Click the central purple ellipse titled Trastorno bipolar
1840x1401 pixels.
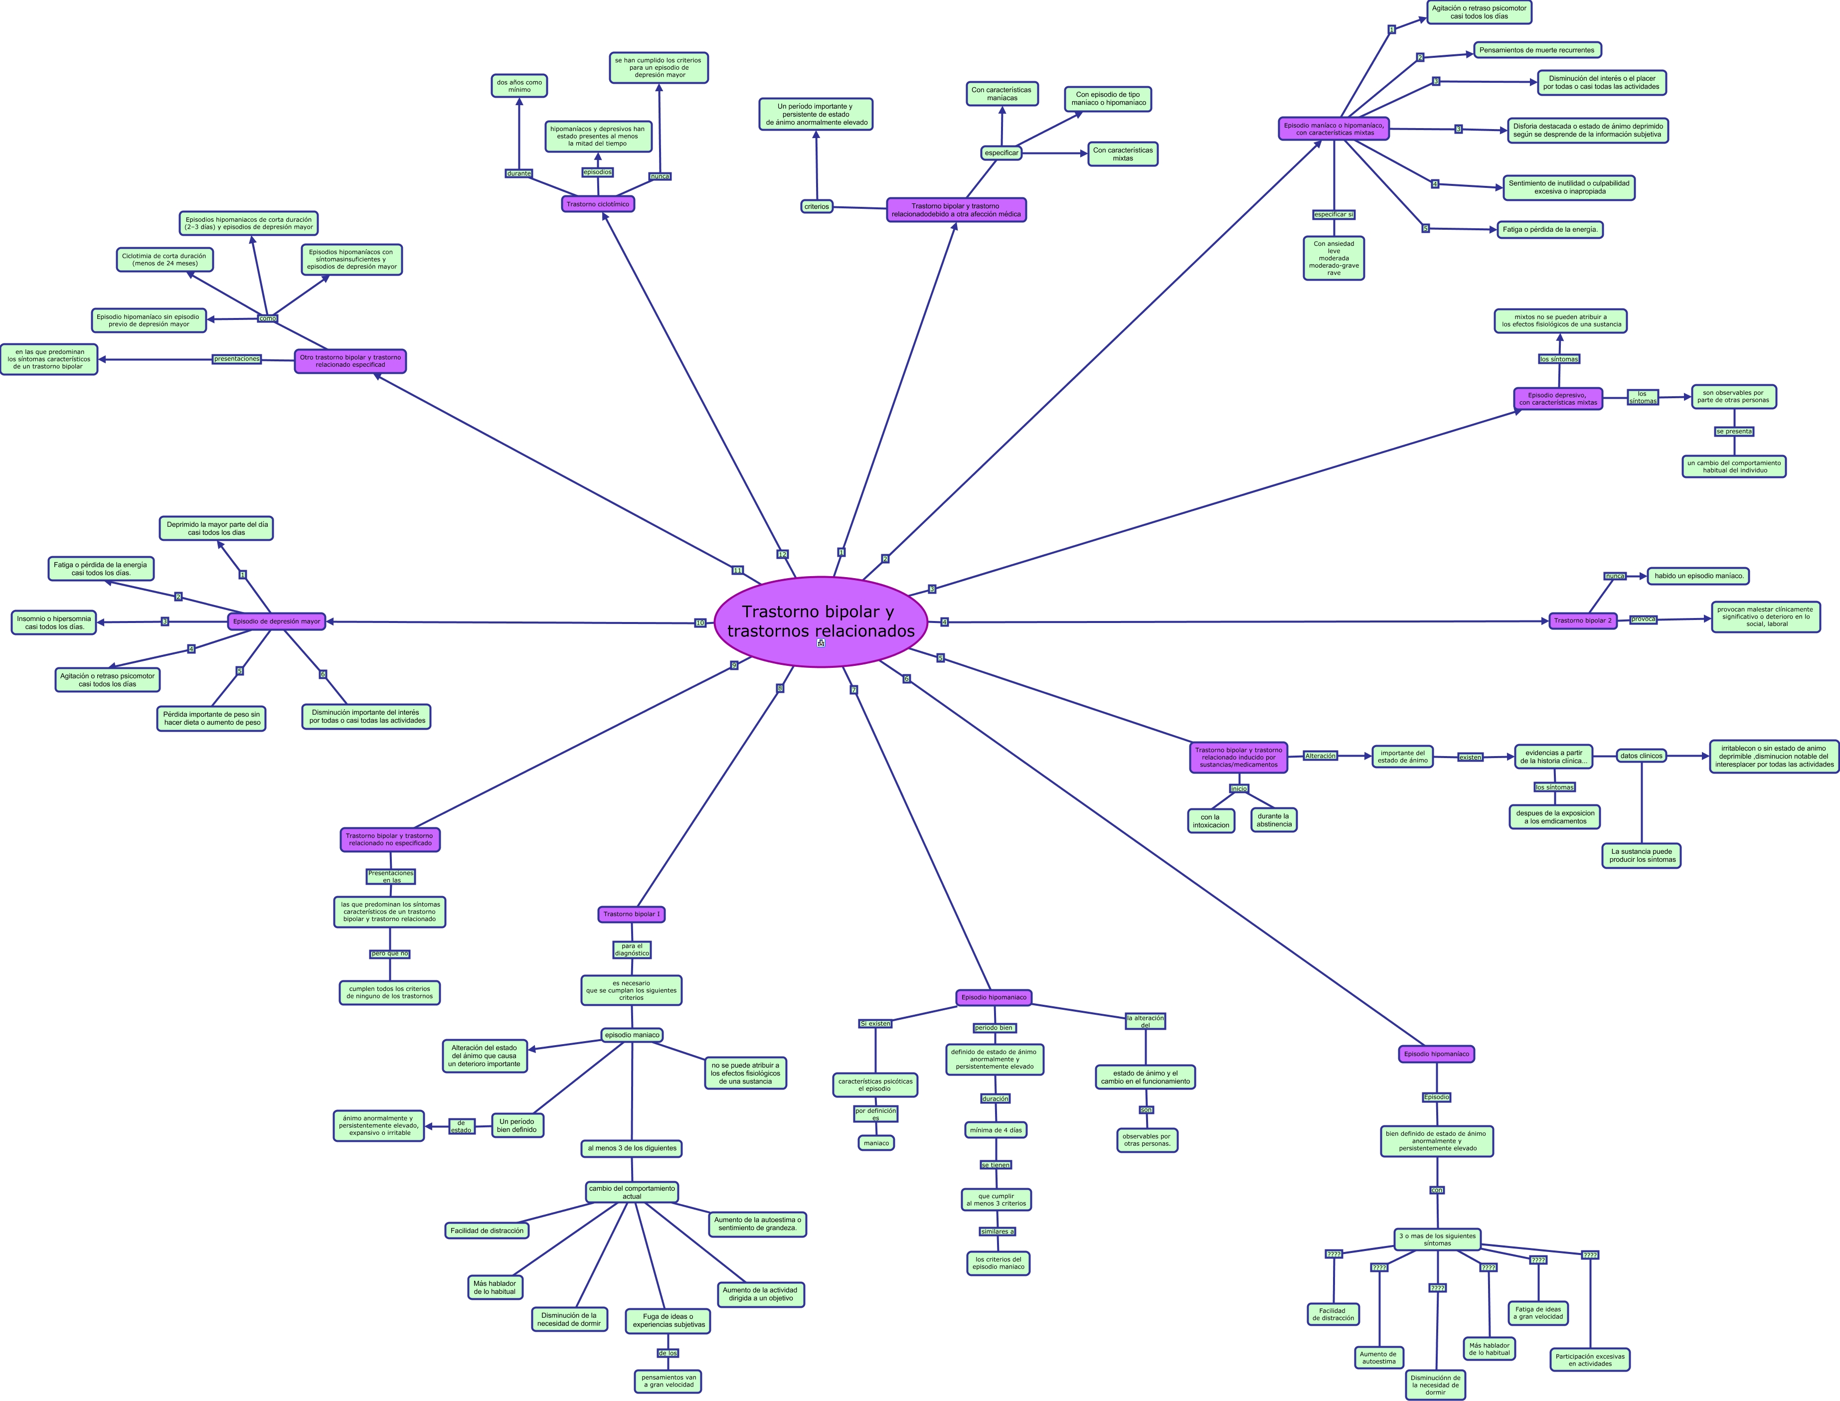pos(821,622)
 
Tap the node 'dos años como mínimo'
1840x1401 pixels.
pos(519,86)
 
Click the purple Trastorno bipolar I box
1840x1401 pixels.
pos(632,914)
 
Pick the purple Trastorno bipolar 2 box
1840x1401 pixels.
pos(1582,621)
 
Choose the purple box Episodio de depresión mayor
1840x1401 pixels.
pos(276,622)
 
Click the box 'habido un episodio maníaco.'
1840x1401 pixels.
pos(1698,576)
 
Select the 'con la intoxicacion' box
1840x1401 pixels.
pos(1210,820)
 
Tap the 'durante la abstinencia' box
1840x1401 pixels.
pos(1274,820)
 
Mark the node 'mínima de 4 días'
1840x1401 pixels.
pos(995,1130)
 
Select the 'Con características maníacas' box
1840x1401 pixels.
pos(1002,93)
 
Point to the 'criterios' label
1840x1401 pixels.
pos(817,206)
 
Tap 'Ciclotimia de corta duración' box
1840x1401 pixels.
pos(165,259)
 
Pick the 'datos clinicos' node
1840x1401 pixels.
pos(1641,756)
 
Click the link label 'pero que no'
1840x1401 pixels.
pos(389,953)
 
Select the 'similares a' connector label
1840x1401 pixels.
pos(998,1231)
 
